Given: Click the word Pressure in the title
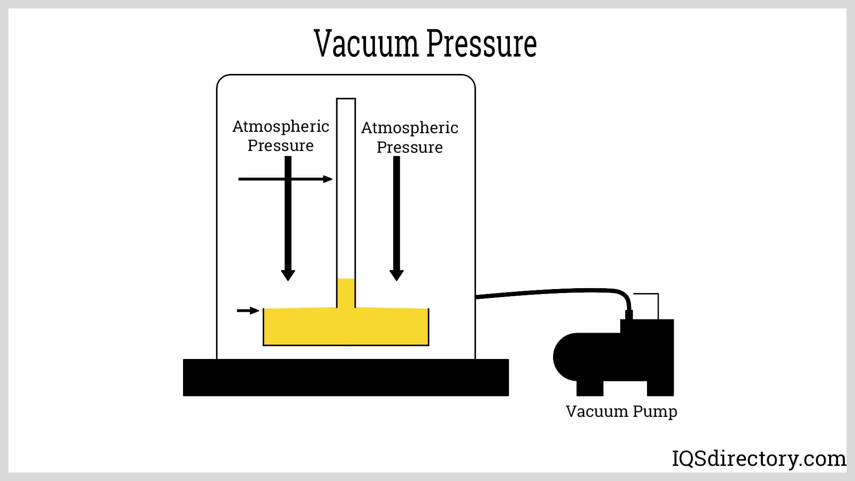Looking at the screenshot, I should click(481, 44).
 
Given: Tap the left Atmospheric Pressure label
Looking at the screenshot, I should click(281, 136).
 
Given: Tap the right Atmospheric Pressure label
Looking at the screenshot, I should click(410, 137).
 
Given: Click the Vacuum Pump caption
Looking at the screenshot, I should click(621, 411).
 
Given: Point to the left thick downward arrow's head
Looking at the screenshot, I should click(288, 275).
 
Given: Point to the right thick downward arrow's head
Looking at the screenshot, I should click(396, 275).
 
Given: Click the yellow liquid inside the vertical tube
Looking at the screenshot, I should click(346, 293).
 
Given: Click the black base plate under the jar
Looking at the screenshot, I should click(346, 377).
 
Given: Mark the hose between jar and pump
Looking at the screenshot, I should click(557, 292).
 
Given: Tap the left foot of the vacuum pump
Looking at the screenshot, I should click(590, 388).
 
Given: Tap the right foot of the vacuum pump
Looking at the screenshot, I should click(660, 388).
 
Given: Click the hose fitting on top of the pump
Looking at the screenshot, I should click(629, 314).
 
